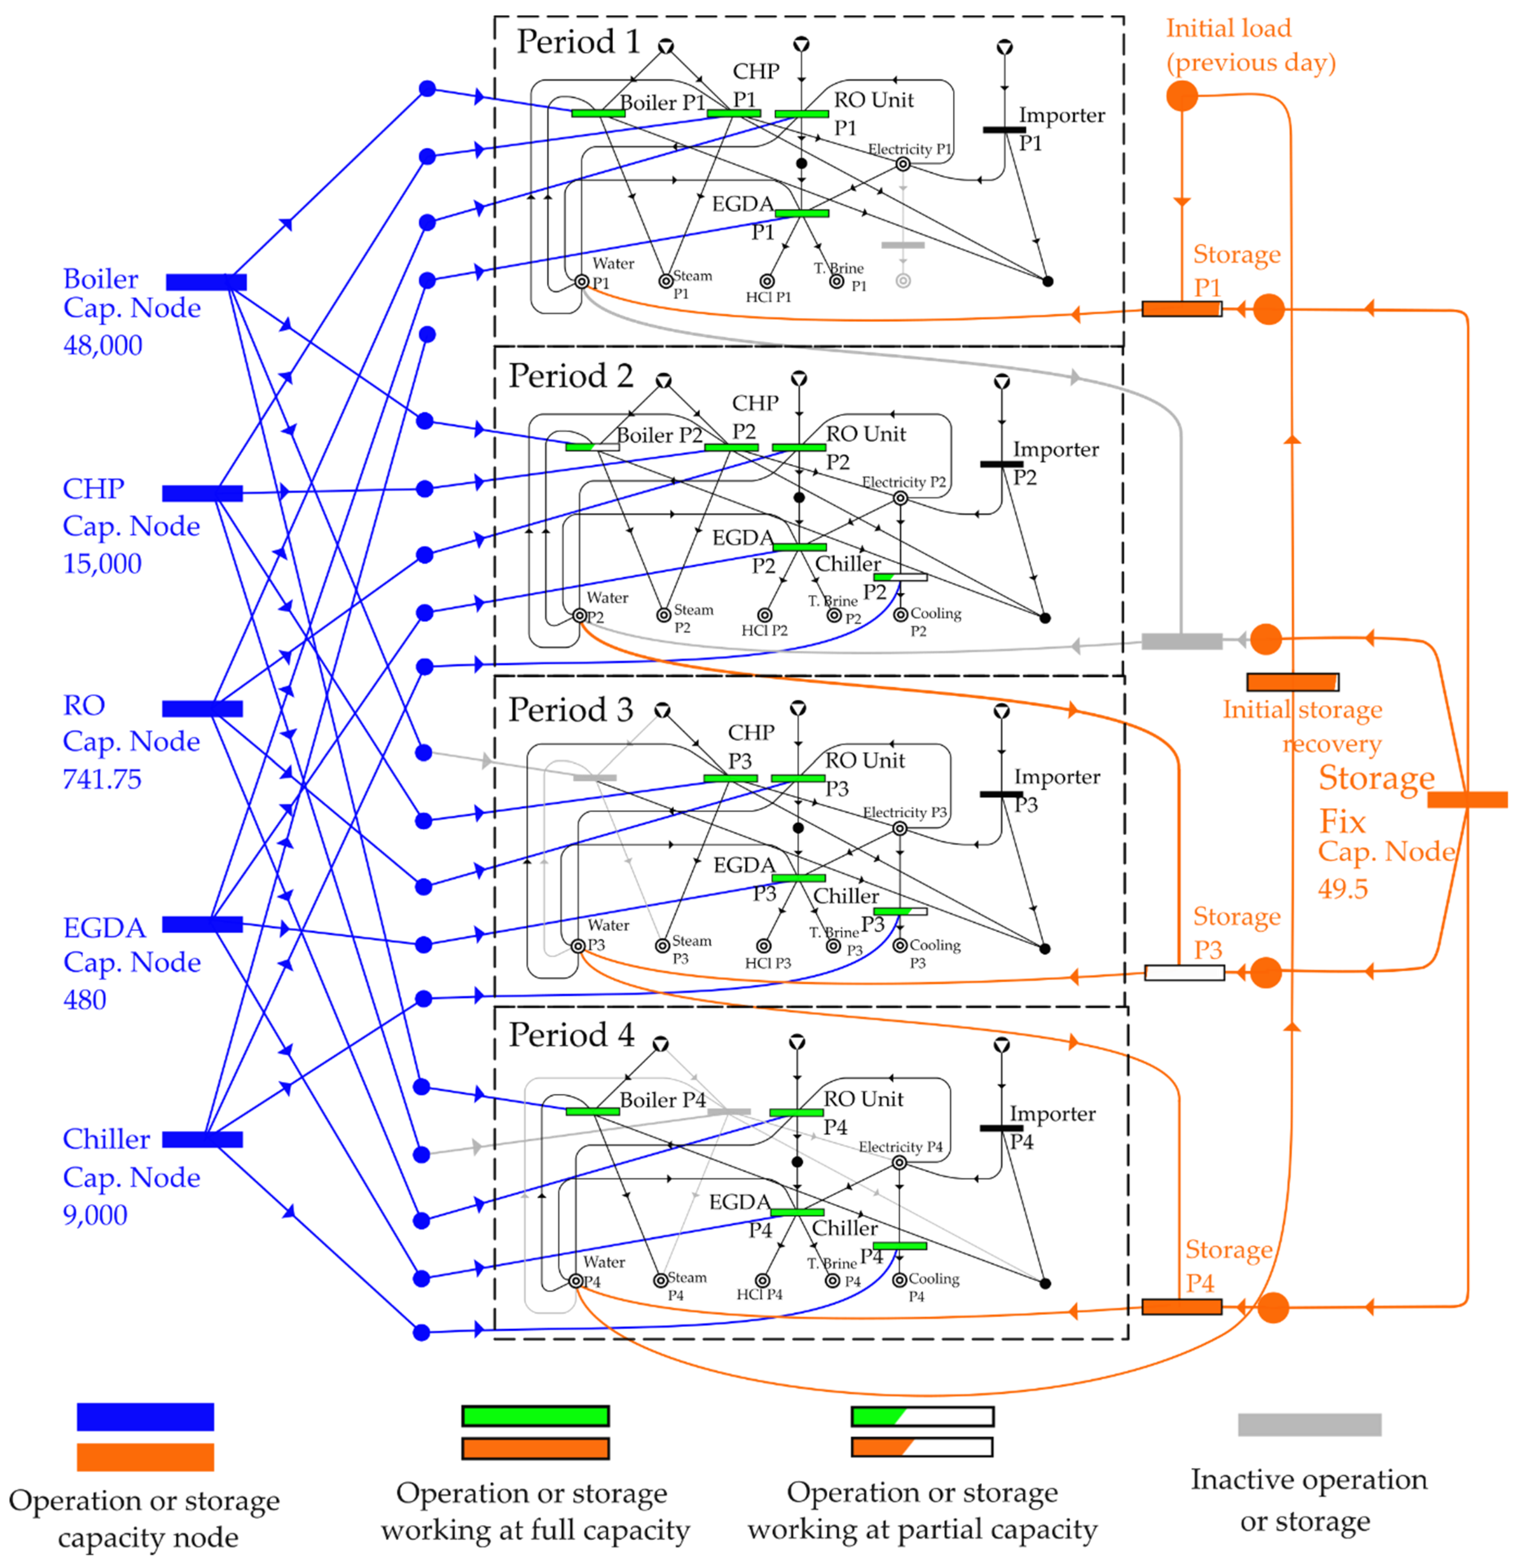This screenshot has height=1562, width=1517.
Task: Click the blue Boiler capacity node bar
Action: point(206,282)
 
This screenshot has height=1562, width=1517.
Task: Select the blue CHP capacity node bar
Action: point(203,493)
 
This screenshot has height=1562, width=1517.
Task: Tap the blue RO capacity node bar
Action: point(203,708)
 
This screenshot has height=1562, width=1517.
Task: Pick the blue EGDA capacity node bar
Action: point(203,924)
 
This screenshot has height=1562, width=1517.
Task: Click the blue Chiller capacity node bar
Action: point(203,1140)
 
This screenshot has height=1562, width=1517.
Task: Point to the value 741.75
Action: point(102,779)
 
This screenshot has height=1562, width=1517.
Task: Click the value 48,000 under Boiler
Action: point(103,345)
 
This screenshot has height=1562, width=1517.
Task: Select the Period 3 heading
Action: point(571,709)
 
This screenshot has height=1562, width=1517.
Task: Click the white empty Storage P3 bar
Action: point(1185,972)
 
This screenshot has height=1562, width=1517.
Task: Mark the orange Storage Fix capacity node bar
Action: point(1467,799)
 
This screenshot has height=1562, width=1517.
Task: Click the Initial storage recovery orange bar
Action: point(1292,681)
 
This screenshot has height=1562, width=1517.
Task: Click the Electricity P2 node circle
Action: point(900,498)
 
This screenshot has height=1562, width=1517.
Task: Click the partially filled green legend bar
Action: point(922,1416)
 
